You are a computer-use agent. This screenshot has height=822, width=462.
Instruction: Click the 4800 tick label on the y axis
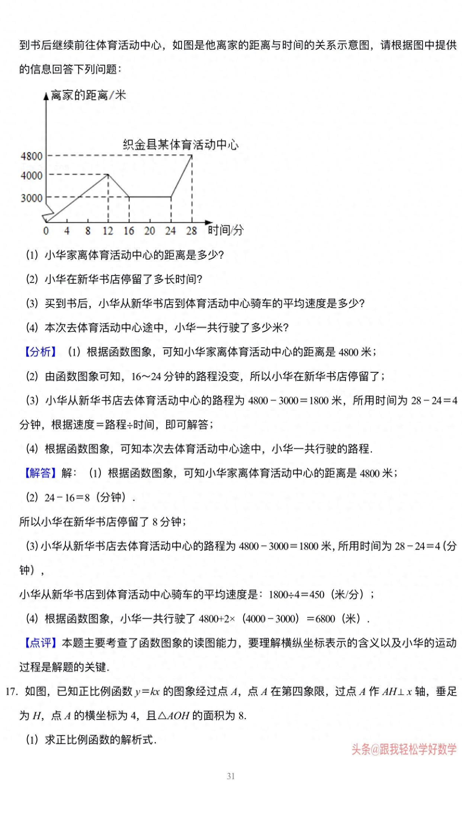coord(32,156)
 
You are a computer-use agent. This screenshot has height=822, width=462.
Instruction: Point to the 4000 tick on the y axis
coord(32,175)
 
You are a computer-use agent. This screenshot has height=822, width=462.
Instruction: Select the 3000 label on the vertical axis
coord(32,198)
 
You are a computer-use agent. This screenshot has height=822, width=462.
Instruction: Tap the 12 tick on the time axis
coord(108,231)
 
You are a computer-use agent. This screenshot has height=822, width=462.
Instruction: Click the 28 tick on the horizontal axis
coord(192,231)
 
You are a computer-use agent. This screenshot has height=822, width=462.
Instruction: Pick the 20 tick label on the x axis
coord(150,231)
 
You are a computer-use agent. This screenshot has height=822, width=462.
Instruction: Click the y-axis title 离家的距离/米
coord(88,95)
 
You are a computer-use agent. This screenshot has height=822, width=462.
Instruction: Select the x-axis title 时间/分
coord(225,230)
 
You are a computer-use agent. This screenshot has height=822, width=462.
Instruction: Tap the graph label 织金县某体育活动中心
coord(180,144)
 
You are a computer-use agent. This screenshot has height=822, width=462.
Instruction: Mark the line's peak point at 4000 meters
coord(108,174)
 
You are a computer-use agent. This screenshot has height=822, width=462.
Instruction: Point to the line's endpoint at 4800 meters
coord(192,155)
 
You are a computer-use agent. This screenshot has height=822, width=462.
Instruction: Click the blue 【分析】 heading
coord(40,352)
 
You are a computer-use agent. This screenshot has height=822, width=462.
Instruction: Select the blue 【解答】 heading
coord(40,473)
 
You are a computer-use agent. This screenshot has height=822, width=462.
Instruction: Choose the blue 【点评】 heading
coord(40,643)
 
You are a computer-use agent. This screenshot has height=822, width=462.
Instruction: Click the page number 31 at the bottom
coord(231,776)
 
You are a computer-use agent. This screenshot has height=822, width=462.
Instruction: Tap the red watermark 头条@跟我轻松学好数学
coord(404,749)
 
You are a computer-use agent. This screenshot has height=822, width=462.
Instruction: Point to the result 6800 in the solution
coord(325,619)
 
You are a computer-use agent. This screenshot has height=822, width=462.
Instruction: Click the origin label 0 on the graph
coord(46,231)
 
